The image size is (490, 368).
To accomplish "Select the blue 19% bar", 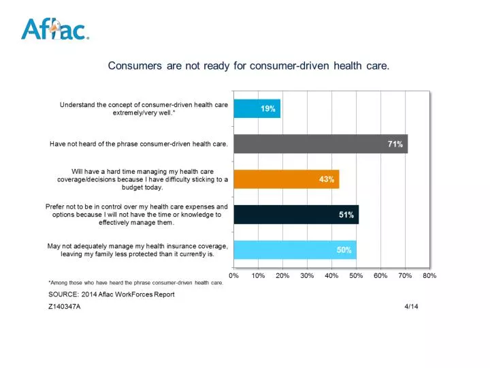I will click(x=257, y=109).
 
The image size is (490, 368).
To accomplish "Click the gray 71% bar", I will click(x=320, y=144).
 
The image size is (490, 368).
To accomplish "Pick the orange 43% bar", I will click(x=286, y=179).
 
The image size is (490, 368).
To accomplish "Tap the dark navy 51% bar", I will click(x=295, y=215).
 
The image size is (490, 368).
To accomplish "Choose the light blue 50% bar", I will click(x=294, y=250).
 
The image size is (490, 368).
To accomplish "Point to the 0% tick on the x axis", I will click(x=233, y=275).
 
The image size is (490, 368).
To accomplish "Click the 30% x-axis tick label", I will click(x=307, y=275).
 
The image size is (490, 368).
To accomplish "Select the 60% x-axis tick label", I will click(x=380, y=275).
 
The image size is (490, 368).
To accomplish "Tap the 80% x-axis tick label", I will click(x=429, y=275).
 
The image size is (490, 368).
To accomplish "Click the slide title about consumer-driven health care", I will click(x=248, y=65).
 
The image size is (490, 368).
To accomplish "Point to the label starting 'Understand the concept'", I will click(x=144, y=109).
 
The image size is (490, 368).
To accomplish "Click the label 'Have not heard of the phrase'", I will click(x=139, y=144).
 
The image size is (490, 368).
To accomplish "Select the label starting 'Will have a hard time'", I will click(x=142, y=179).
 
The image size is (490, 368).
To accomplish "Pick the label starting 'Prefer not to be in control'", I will click(x=137, y=215).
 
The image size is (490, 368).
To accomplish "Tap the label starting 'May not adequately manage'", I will click(x=137, y=250).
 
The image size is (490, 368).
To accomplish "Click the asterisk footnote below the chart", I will click(x=135, y=283).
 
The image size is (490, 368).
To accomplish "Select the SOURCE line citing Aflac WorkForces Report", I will click(x=112, y=294).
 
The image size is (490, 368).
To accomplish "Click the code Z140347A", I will click(x=65, y=307).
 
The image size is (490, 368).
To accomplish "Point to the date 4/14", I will click(x=410, y=307).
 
